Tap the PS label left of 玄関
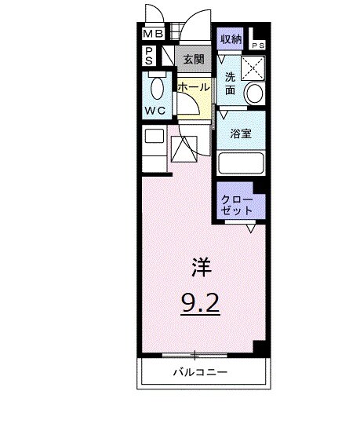[x=148, y=56]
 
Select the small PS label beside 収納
[x=258, y=46]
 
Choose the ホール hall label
[x=192, y=87]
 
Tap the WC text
[x=154, y=111]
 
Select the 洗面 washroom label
[x=230, y=83]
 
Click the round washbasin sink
[x=255, y=93]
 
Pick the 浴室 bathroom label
[x=240, y=134]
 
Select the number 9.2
[x=201, y=302]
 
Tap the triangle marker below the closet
[x=251, y=228]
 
